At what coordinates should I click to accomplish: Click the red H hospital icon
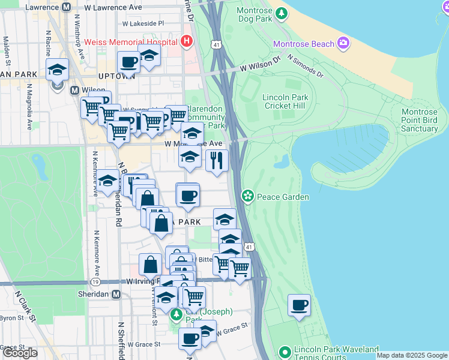pos(187,42)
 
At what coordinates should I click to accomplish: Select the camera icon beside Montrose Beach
pos(343,43)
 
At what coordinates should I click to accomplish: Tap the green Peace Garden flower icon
pos(247,196)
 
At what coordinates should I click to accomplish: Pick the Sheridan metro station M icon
pos(116,295)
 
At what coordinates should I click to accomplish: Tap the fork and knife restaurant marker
pos(217,160)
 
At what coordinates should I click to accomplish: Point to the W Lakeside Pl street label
pos(143,23)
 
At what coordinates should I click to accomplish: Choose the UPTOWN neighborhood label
pos(116,76)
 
